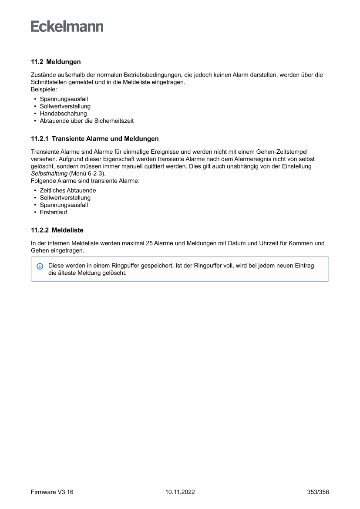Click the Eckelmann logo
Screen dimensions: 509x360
click(67, 27)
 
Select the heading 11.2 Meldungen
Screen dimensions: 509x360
click(56, 62)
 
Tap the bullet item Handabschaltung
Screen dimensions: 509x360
click(63, 114)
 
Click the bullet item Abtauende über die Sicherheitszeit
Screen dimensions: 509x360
click(87, 121)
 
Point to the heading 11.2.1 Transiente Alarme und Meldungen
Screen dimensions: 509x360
click(94, 139)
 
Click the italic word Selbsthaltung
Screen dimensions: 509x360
click(49, 173)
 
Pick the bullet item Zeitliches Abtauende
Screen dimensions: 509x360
click(68, 190)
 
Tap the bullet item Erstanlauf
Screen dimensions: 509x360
click(54, 212)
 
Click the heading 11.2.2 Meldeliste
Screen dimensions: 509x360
click(57, 229)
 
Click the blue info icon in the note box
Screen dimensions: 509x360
click(40, 266)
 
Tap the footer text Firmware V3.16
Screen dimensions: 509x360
click(52, 492)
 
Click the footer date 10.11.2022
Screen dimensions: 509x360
click(180, 492)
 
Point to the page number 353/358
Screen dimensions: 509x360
click(318, 492)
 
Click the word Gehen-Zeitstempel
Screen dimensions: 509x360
click(283, 152)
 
